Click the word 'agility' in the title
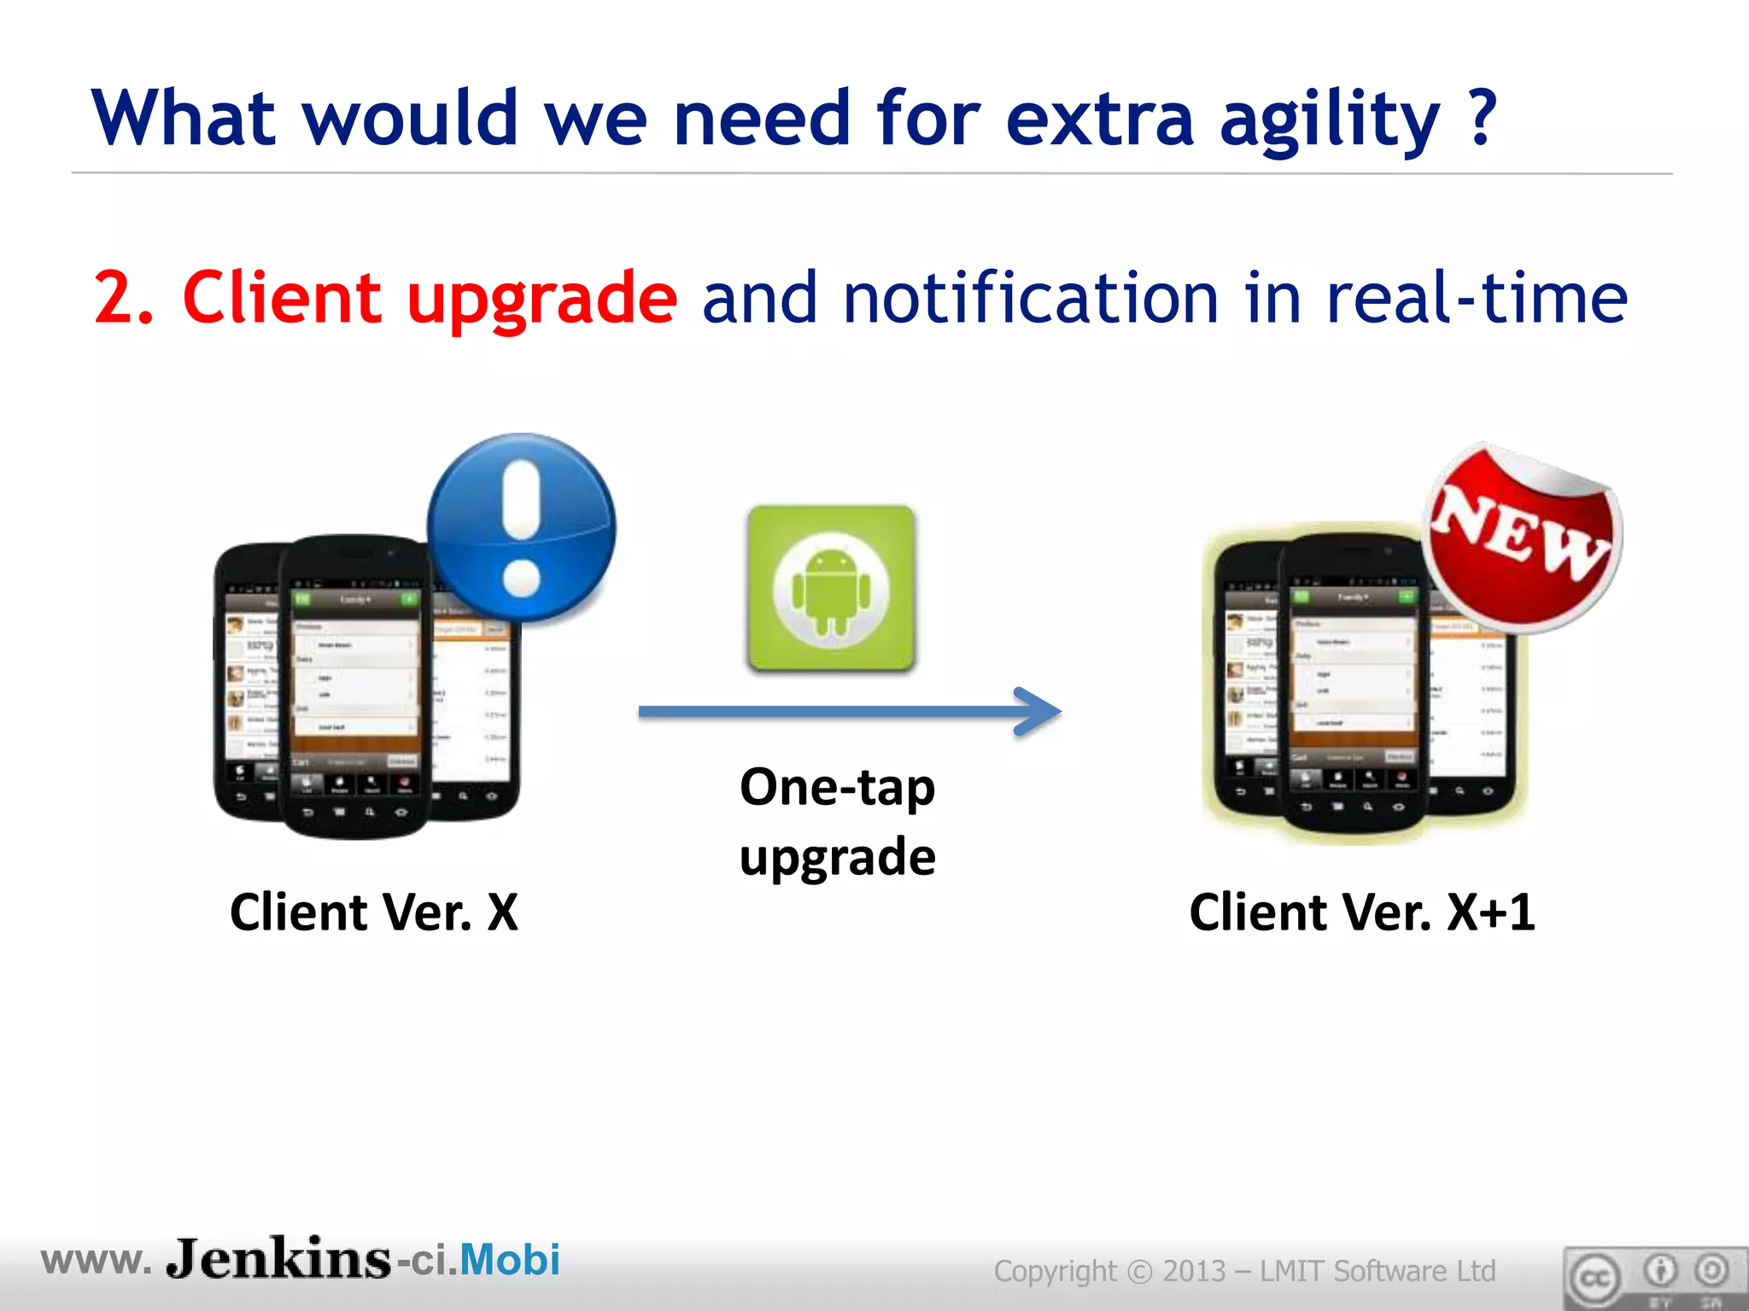pyautogui.click(x=1329, y=119)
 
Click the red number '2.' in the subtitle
pyautogui.click(x=124, y=297)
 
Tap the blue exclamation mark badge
pyautogui.click(x=521, y=527)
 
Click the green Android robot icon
pyautogui.click(x=831, y=589)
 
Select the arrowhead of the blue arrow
pyautogui.click(x=1038, y=711)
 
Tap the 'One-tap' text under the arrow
pyautogui.click(x=837, y=787)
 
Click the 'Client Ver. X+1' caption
pyautogui.click(x=1361, y=912)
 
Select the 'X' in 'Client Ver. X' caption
pyautogui.click(x=502, y=912)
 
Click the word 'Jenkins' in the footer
pyautogui.click(x=278, y=1259)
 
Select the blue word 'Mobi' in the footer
pyautogui.click(x=510, y=1260)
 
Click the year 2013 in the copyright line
pyautogui.click(x=1194, y=1271)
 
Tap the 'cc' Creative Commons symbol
pyautogui.click(x=1594, y=1278)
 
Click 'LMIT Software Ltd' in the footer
pyautogui.click(x=1378, y=1271)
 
